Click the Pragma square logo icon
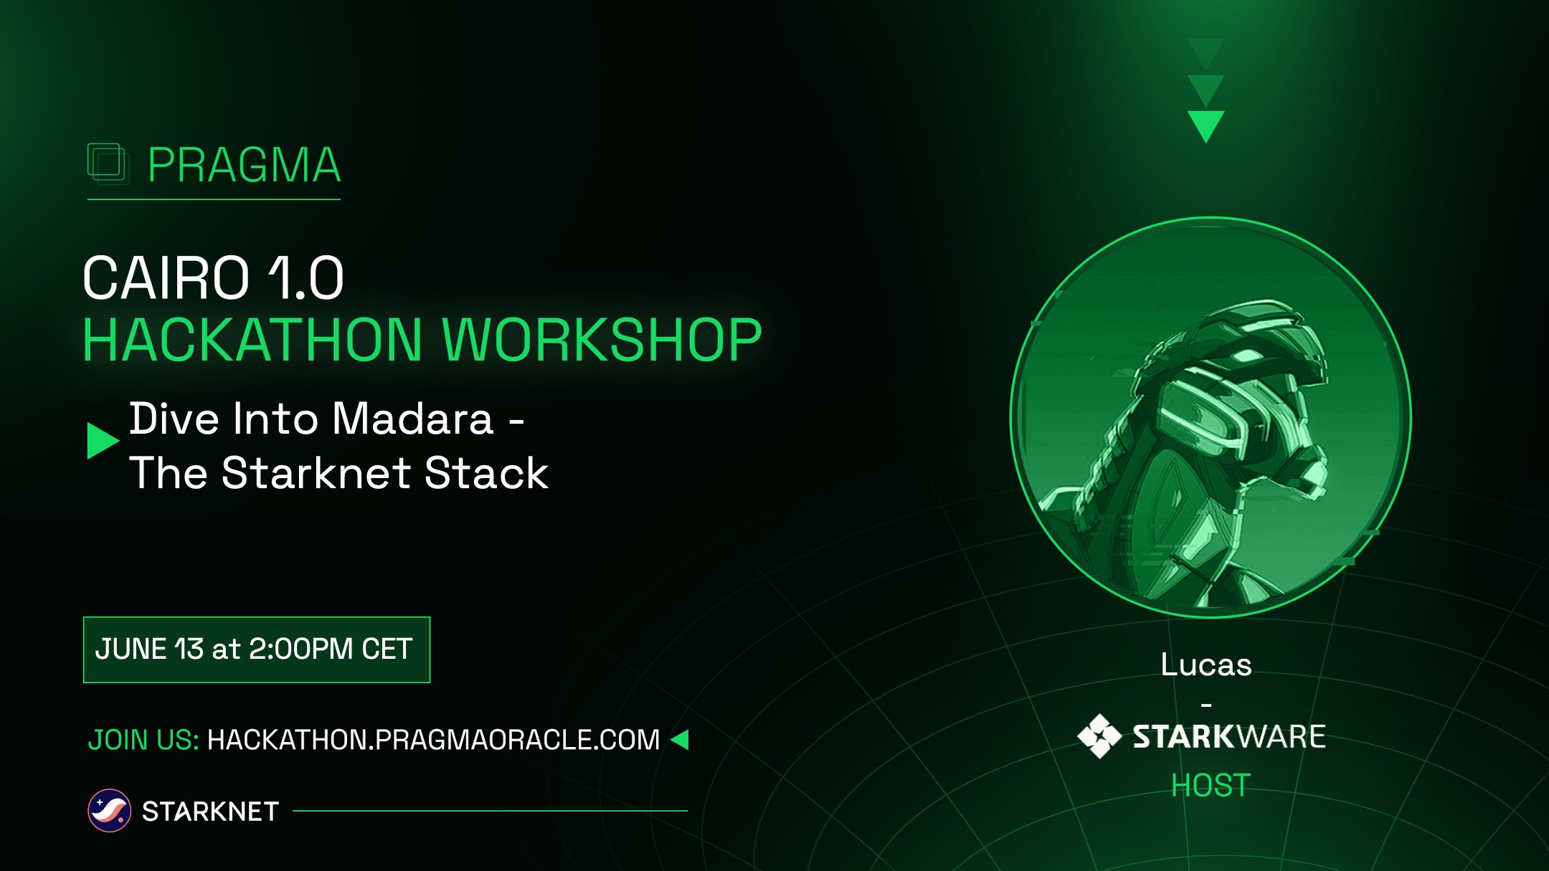(x=108, y=163)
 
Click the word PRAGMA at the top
(x=244, y=166)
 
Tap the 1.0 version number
(x=306, y=278)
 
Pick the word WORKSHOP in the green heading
(x=602, y=341)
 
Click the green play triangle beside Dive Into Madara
(x=101, y=440)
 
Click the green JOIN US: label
(x=143, y=740)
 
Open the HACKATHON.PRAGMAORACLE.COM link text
(x=433, y=740)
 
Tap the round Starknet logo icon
(x=109, y=811)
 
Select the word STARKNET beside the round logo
(x=210, y=811)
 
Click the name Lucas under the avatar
(x=1206, y=665)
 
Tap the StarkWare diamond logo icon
(x=1099, y=736)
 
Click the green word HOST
(x=1211, y=786)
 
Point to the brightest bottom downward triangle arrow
(x=1205, y=124)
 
